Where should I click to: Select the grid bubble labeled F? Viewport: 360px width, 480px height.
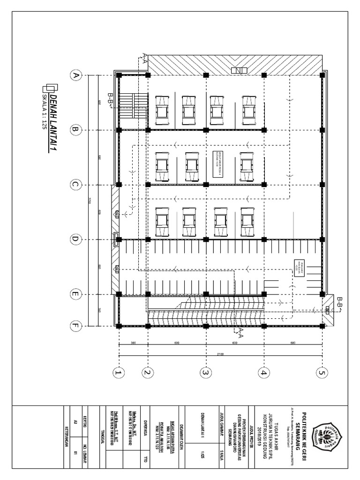[75, 325]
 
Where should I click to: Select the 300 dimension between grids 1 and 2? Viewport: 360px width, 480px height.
[133, 344]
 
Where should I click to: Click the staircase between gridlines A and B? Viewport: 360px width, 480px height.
[133, 102]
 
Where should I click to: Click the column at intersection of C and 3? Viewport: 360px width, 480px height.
[205, 185]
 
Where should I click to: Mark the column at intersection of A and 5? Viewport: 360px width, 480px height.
[322, 75]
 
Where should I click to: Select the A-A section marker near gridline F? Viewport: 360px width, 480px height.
[239, 332]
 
